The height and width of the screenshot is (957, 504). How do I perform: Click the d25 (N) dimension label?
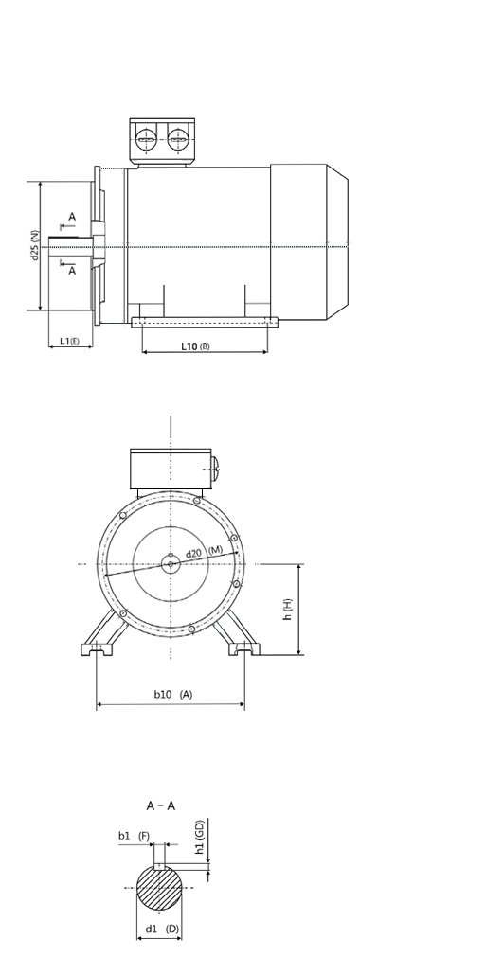tap(35, 245)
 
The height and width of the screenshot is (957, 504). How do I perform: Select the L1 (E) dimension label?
tap(69, 341)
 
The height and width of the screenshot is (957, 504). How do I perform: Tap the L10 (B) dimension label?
tap(195, 346)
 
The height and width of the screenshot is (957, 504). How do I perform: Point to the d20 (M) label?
tap(204, 552)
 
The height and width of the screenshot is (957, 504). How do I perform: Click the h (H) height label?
tap(287, 609)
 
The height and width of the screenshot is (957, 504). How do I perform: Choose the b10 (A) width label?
tap(172, 694)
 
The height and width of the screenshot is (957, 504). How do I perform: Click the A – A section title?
tap(161, 806)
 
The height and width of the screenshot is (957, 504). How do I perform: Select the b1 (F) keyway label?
tap(134, 836)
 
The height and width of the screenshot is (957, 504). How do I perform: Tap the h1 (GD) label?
tap(199, 837)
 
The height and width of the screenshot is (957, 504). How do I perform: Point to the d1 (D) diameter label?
tap(162, 929)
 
